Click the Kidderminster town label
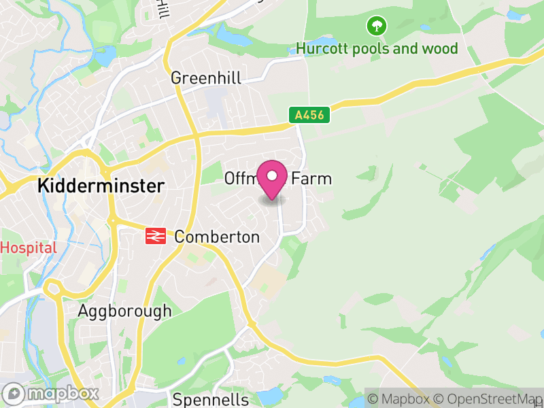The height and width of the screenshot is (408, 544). (x=101, y=186)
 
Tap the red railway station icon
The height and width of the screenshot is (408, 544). (x=155, y=237)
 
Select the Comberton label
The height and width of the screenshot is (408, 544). (x=217, y=237)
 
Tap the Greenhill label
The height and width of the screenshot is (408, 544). (x=206, y=78)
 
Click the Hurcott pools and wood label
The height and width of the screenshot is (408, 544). (x=377, y=49)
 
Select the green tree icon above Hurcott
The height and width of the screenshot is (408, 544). (x=376, y=27)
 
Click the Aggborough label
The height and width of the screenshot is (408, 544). (x=124, y=311)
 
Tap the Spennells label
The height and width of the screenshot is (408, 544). (x=210, y=400)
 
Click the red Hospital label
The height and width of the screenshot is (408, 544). (x=29, y=248)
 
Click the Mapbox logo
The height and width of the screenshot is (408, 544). (x=51, y=393)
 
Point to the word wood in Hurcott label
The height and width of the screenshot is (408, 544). (x=441, y=49)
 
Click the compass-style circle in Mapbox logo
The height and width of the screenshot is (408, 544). (x=14, y=394)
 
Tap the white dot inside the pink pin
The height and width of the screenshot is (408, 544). (x=273, y=176)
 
